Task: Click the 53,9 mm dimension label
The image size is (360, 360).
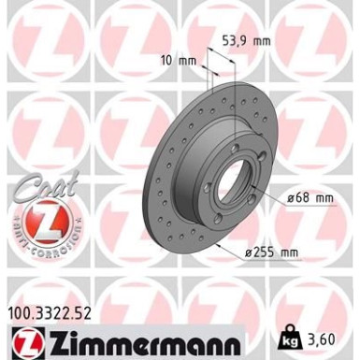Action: tap(246, 41)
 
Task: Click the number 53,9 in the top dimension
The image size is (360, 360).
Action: tap(238, 41)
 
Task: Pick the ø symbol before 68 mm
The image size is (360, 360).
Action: tap(289, 197)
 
